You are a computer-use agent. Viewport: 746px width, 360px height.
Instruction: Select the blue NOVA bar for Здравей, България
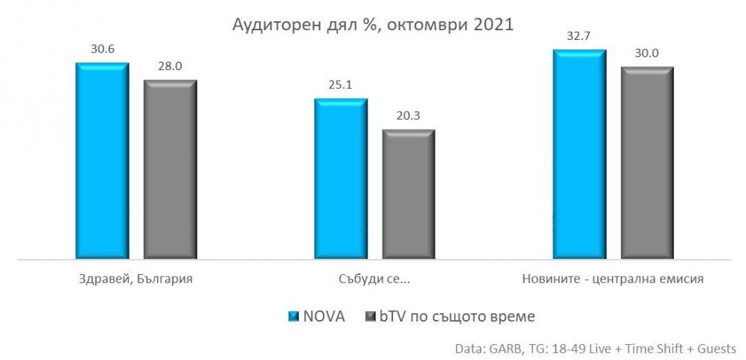pos(102,162)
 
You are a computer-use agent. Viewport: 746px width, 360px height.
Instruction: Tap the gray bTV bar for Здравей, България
pos(170,169)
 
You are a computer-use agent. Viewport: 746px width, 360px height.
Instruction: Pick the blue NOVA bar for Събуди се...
pos(341,179)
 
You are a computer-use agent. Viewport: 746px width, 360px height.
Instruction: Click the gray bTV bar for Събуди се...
pos(409,195)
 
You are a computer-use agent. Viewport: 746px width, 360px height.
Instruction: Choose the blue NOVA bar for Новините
pos(579,154)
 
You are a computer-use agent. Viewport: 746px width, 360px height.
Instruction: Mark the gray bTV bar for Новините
pos(647,163)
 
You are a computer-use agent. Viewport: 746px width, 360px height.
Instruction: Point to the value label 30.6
pos(102,50)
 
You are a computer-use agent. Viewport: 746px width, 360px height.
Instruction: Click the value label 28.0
pos(170,67)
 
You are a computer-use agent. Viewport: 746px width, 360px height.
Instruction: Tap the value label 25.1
pos(341,85)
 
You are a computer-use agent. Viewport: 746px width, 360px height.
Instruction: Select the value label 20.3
pos(409,117)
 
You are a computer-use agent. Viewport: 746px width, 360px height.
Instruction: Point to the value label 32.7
pos(579,36)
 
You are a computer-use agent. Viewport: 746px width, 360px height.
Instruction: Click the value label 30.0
pos(647,53)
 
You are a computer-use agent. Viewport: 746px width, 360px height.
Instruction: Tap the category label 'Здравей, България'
pos(136,279)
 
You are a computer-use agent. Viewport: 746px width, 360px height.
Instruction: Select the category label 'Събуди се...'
pos(375,279)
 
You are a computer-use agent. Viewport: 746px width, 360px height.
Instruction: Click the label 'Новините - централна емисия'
pos(613,279)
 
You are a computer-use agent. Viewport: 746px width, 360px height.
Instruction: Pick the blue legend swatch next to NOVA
pos(295,316)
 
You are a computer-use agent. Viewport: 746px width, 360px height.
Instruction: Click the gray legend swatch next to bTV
pos(370,316)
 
